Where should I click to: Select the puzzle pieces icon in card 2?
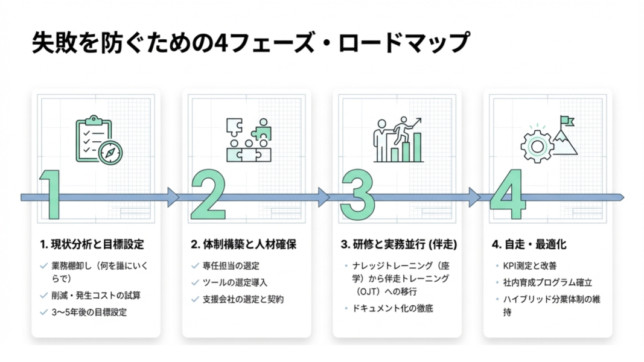tap(247, 140)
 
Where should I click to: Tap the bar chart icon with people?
tap(397, 140)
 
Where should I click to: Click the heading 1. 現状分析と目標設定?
tap(92, 245)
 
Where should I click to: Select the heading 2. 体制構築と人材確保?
tap(244, 245)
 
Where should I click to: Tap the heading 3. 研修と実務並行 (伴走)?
tap(398, 245)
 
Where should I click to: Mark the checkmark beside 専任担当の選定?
tap(194, 265)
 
